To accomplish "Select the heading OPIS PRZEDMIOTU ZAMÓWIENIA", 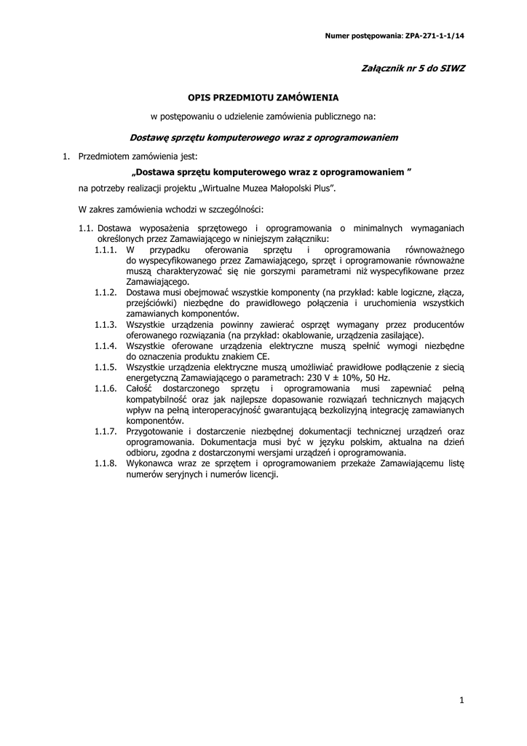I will click(263, 96).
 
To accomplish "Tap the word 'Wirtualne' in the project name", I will click(223, 189).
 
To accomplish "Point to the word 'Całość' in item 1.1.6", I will click(140, 388).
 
